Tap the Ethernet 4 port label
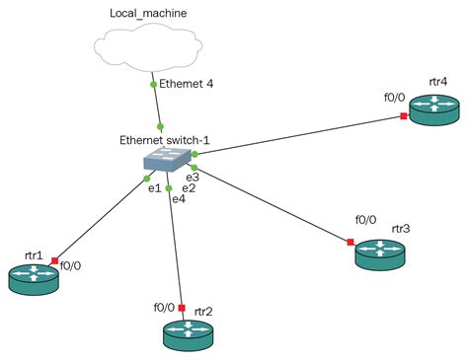187,85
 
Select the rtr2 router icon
188,334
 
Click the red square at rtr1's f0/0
54,259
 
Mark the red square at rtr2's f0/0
182,307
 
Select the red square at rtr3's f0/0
351,241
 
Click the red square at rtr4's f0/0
404,116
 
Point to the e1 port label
155,188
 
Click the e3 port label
192,177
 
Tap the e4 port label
178,199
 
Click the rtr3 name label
400,228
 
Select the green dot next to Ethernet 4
153,85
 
